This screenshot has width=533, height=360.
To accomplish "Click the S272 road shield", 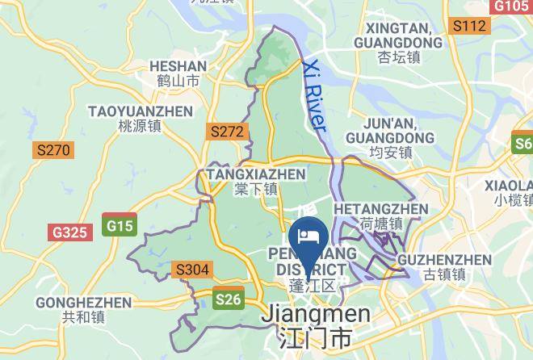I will tap(226, 130).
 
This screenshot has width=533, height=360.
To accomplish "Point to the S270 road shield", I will tap(53, 149).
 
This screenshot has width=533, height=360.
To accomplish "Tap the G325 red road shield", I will tap(69, 232).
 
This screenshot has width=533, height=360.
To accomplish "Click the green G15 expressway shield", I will tap(120, 225).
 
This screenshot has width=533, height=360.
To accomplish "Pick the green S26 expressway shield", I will tap(228, 300).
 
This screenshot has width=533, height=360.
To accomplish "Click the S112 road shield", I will tap(469, 27).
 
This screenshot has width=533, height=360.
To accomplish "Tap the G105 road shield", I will tap(510, 6).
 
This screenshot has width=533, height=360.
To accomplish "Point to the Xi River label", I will tap(313, 96).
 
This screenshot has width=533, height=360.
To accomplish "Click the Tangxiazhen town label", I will tap(256, 181).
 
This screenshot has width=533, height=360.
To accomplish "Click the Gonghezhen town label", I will tap(83, 309).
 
